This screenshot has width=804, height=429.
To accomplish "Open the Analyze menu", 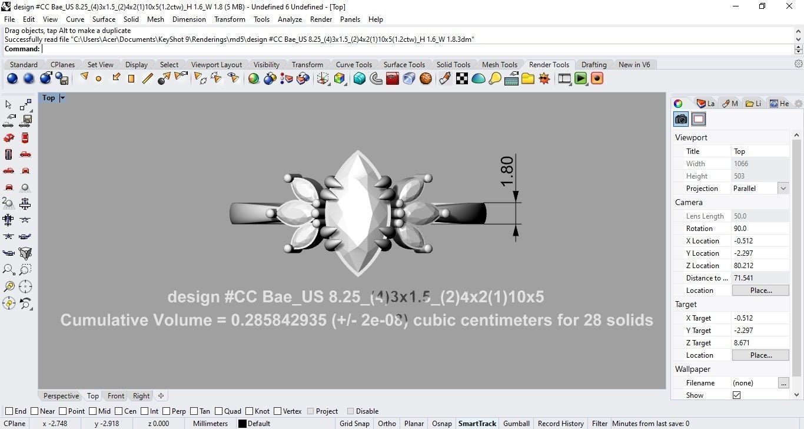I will [290, 19].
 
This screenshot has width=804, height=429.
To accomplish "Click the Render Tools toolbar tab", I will [549, 65].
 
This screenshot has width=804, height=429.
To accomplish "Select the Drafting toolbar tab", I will [593, 65].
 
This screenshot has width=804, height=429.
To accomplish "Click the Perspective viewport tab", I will [61, 396].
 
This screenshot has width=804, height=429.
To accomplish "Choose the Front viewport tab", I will [116, 396].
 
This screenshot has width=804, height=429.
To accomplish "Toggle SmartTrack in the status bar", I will [477, 424].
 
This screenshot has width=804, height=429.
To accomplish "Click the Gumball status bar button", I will [516, 424].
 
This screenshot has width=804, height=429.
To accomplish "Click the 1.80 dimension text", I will [507, 171].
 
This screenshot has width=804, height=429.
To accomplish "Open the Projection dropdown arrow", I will [783, 189].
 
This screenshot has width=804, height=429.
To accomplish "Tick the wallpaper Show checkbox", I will [736, 395].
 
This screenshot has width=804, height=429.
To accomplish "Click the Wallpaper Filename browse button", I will [783, 383].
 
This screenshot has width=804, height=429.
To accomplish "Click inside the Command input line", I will [412, 49].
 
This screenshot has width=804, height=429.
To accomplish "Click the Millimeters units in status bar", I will [210, 424].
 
